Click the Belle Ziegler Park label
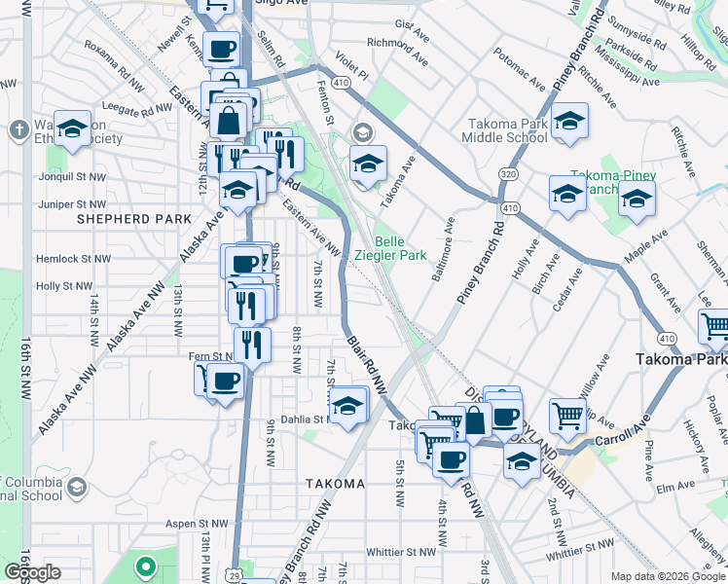click(401, 248)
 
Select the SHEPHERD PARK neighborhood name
click(134, 220)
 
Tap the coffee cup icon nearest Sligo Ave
click(222, 48)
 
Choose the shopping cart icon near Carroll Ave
click(567, 415)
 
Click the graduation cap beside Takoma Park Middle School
click(569, 121)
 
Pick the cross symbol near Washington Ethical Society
click(18, 128)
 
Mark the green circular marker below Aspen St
click(146, 566)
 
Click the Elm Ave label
click(672, 484)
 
